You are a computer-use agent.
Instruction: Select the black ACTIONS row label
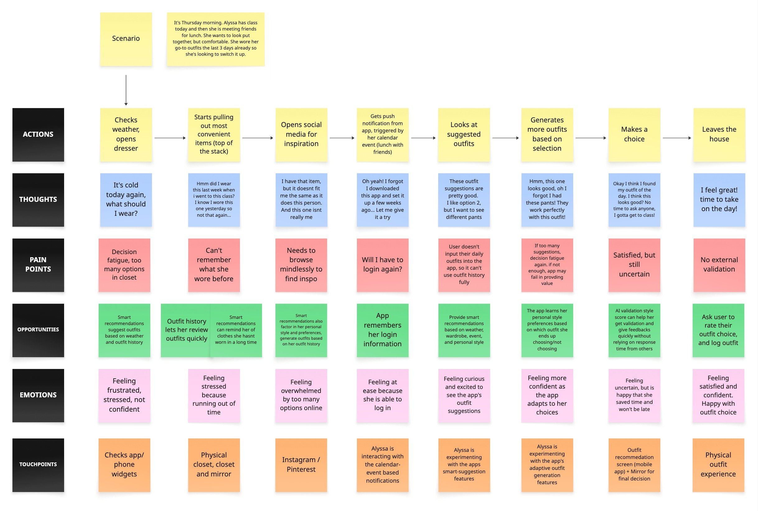point(38,135)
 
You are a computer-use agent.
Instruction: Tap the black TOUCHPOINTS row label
point(38,465)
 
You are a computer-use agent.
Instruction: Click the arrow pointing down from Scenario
point(126,90)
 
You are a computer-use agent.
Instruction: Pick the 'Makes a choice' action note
point(634,135)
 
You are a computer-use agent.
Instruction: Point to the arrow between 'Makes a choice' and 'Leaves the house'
point(676,138)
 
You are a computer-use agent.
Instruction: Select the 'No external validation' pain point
point(719,265)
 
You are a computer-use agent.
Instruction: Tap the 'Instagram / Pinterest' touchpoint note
point(301,465)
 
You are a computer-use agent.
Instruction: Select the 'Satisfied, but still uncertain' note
point(634,265)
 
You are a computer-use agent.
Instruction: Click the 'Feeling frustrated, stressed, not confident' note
point(124,395)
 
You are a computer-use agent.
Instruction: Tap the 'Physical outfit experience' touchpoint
point(718,465)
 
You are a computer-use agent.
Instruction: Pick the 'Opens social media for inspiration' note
point(301,135)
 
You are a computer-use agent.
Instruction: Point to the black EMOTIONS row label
point(38,395)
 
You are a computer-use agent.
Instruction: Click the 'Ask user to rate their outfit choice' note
point(718,330)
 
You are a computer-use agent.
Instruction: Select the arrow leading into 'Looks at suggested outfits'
point(423,138)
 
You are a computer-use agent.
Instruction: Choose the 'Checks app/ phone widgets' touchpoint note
point(124,465)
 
